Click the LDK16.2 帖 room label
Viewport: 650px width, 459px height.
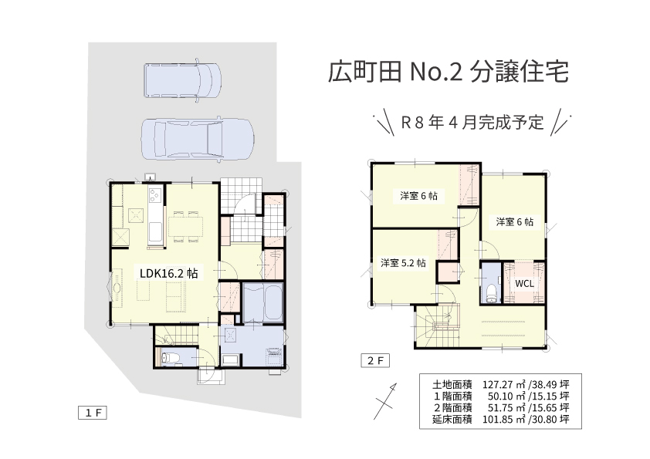point(169,273)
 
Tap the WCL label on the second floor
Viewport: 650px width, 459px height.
point(524,284)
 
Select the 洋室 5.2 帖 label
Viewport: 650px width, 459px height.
point(403,263)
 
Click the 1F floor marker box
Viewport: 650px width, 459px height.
point(93,413)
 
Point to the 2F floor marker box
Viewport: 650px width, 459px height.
point(375,361)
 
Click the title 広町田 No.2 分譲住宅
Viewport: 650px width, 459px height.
point(448,72)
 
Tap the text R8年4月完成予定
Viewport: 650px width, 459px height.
point(472,123)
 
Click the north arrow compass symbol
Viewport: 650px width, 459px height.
point(385,401)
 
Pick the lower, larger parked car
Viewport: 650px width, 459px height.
point(198,139)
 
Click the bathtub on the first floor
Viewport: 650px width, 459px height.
point(262,302)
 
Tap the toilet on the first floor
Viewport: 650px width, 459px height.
point(170,358)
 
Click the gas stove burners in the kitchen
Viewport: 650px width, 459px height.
point(155,194)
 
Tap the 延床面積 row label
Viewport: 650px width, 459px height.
point(452,419)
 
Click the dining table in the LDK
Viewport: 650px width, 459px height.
point(186,227)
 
